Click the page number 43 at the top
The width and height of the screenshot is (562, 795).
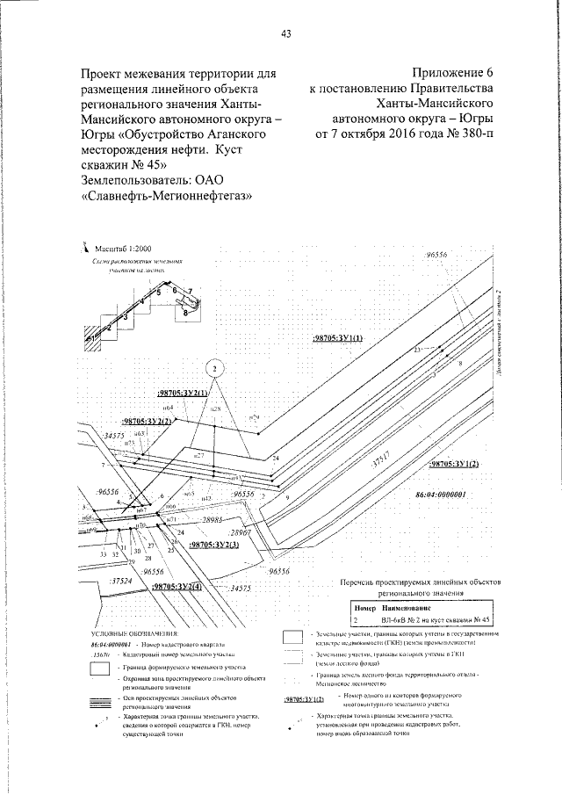285,34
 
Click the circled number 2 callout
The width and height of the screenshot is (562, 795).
216,368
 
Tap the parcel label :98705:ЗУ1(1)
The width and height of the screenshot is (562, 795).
340,336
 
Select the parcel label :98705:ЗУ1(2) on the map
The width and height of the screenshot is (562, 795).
455,464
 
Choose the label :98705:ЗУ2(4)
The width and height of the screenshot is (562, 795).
176,586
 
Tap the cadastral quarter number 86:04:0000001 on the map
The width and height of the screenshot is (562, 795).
445,495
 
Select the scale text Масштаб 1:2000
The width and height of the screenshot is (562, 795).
124,249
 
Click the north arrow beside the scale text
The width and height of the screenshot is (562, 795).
87,249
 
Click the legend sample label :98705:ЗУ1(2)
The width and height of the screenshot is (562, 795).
305,699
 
